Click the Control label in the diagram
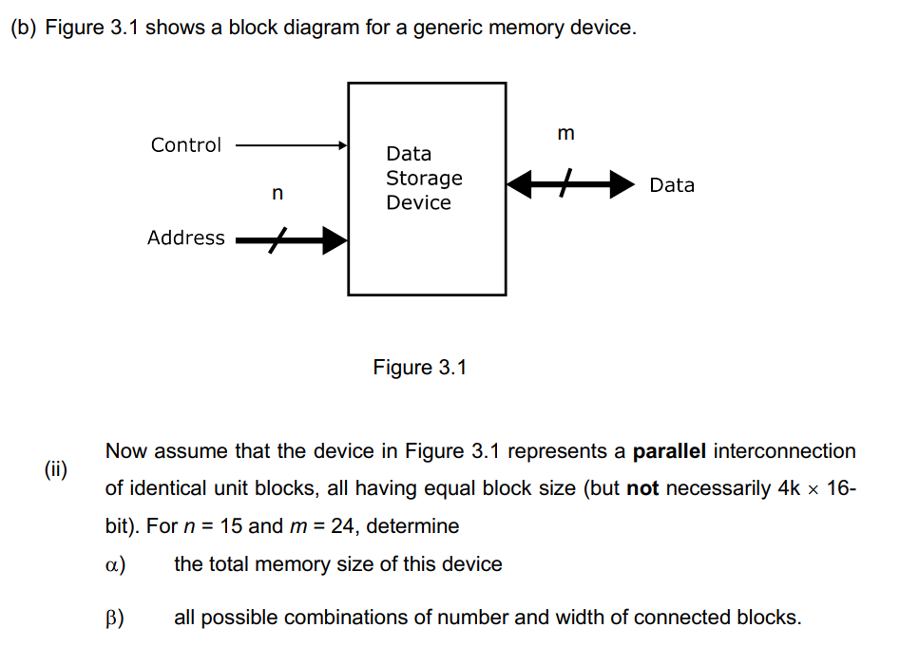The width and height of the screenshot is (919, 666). pos(185,145)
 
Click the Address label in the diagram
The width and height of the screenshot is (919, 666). pos(185,238)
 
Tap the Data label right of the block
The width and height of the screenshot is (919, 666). pos(672,185)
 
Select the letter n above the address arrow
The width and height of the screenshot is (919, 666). pos(277,194)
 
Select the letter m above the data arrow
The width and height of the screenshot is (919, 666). pos(566,133)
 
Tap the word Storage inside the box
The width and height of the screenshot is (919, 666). pos(424,179)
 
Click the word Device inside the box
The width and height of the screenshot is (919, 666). pos(418,202)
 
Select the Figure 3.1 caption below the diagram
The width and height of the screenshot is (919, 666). pos(420,367)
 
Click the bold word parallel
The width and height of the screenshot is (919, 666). pos(669,450)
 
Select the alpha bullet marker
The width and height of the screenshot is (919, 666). pos(115,564)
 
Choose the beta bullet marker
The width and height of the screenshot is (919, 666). pos(115,618)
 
